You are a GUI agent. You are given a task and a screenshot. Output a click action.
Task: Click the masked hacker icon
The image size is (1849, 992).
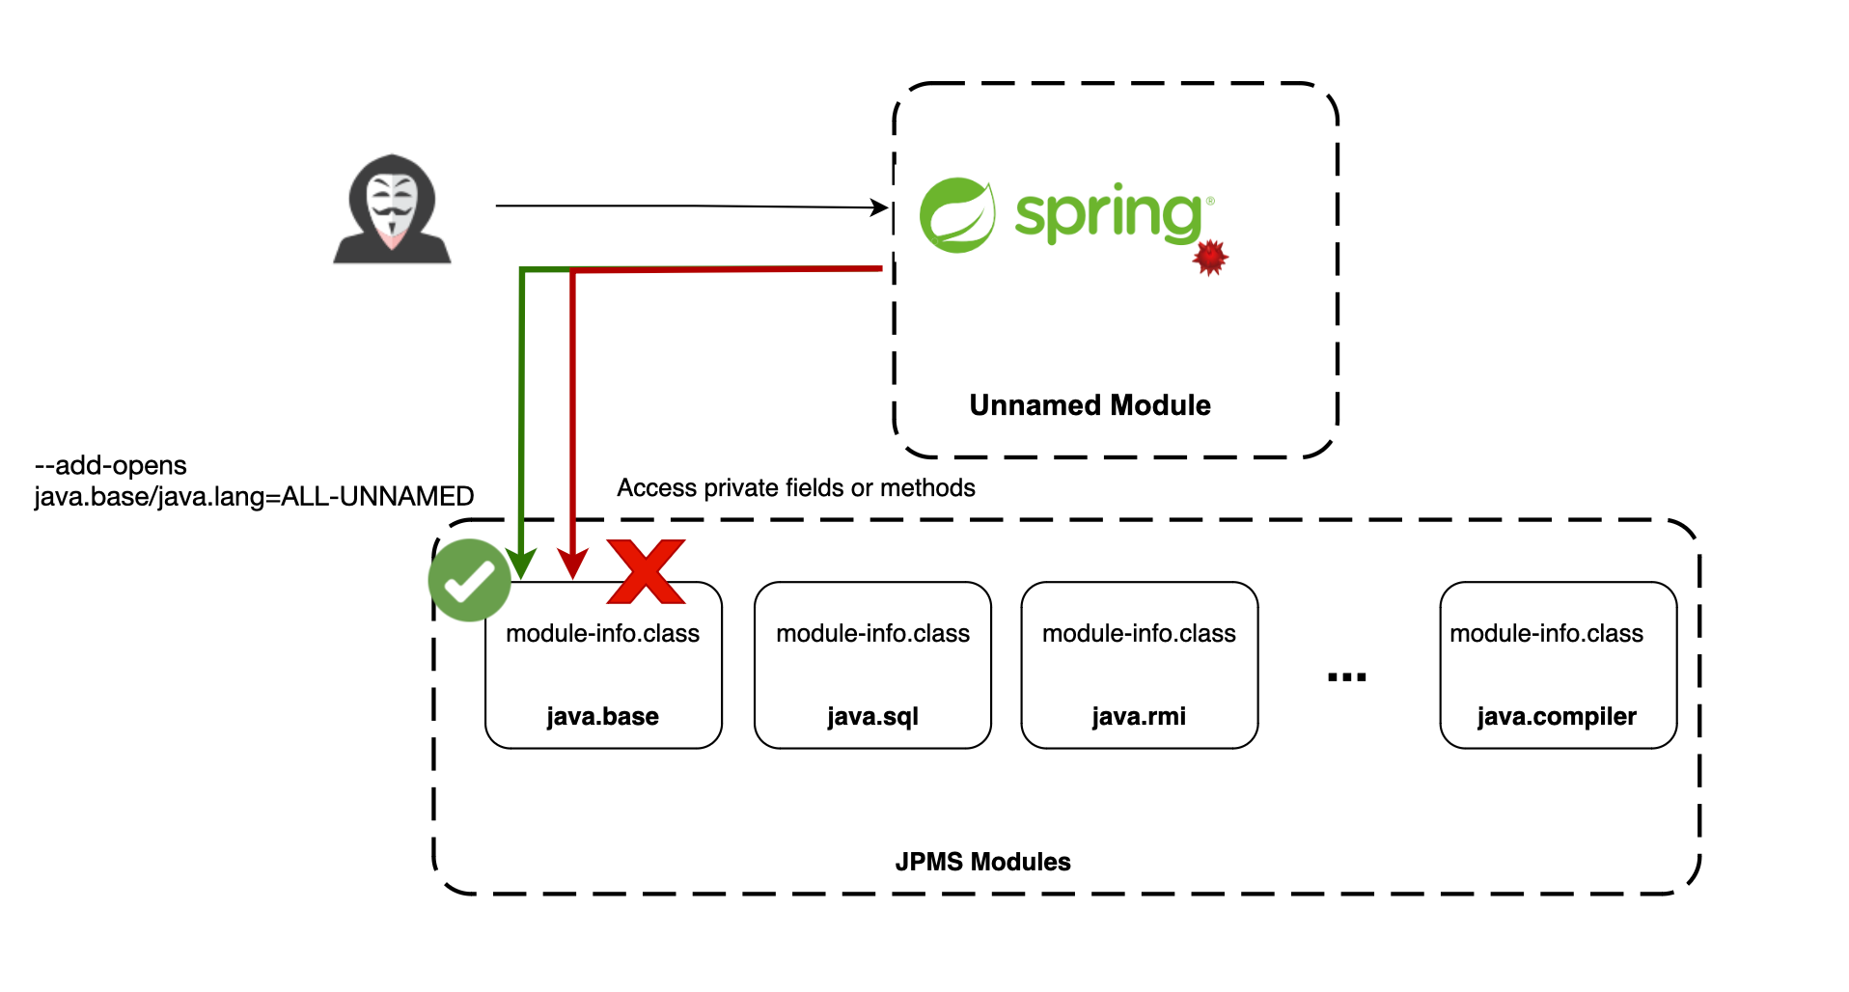click(x=392, y=208)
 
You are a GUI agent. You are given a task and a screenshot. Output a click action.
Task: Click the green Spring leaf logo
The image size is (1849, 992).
click(x=956, y=215)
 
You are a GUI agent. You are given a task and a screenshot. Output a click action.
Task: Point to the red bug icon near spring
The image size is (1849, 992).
click(x=1210, y=258)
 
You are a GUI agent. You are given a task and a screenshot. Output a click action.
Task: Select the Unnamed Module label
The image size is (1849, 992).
click(x=1090, y=405)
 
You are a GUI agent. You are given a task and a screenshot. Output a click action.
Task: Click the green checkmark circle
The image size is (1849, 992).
click(x=470, y=580)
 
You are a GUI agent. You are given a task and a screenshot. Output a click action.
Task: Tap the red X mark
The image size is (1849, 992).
click(x=646, y=571)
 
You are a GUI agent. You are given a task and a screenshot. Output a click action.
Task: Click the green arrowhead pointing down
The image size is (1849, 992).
click(x=521, y=565)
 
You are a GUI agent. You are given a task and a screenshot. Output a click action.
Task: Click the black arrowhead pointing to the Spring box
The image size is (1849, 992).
click(x=879, y=207)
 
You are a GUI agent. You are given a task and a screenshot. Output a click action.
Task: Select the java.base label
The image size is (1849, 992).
click(x=602, y=716)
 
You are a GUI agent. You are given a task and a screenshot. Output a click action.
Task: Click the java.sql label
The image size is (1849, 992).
click(x=872, y=716)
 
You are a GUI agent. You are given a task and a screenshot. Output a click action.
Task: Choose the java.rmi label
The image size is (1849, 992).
click(x=1139, y=716)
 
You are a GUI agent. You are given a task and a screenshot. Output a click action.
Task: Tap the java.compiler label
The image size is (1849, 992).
click(x=1557, y=716)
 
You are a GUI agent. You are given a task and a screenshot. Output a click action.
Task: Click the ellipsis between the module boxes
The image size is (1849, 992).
click(x=1346, y=677)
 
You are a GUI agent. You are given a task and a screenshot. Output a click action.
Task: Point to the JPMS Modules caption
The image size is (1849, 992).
click(x=982, y=862)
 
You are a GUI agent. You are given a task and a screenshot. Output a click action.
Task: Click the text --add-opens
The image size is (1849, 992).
click(x=110, y=465)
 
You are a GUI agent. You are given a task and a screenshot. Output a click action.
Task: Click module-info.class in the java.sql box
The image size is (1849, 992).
click(x=872, y=633)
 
